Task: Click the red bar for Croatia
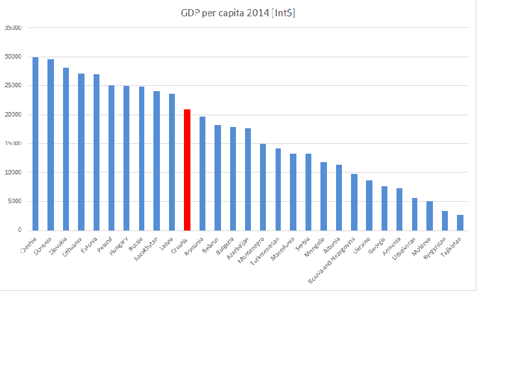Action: (187, 170)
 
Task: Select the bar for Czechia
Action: (35, 144)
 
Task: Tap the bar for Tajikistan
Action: (460, 223)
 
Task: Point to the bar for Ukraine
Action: (369, 205)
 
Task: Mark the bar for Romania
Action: (202, 173)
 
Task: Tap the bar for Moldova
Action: (430, 216)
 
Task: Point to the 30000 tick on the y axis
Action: (13, 57)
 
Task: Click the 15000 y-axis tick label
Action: (13, 143)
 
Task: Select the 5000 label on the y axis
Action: (14, 201)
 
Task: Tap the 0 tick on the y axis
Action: (19, 230)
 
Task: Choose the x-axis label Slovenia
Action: (43, 244)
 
